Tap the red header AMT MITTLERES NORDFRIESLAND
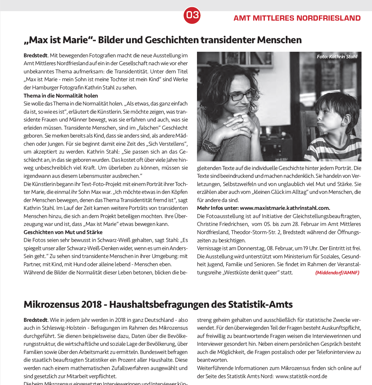click(x=297, y=18)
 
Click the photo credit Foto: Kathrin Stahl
click(x=337, y=57)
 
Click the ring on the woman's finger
click(x=240, y=117)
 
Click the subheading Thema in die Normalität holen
click(x=61, y=96)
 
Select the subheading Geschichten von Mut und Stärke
click(x=63, y=232)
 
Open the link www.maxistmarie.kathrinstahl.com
click(x=285, y=208)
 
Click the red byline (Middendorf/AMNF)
click(x=337, y=272)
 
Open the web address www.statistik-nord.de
click(x=301, y=376)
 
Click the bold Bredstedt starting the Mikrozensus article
click(x=35, y=320)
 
